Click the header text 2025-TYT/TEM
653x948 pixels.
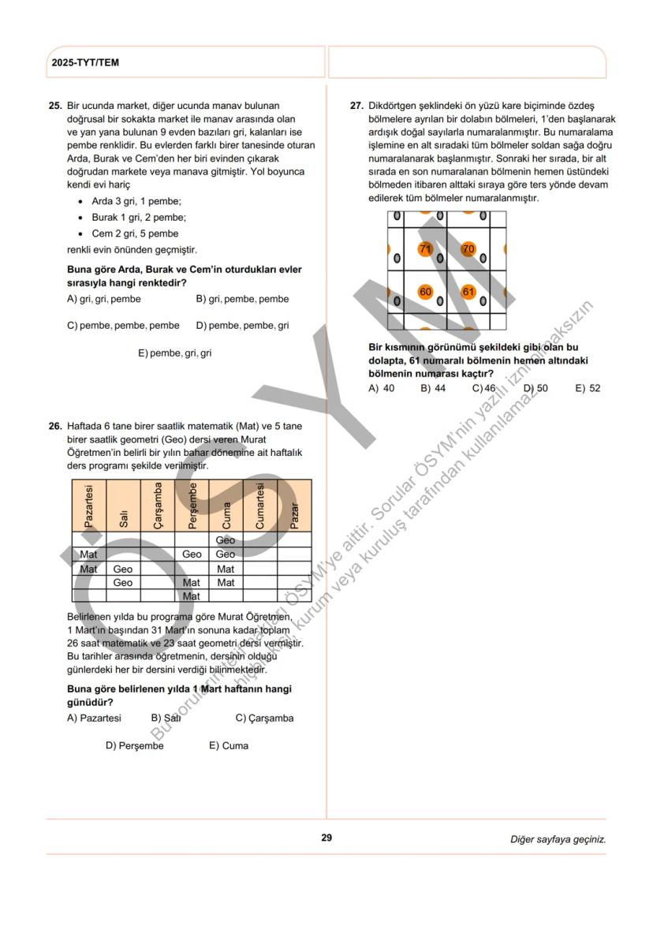point(85,62)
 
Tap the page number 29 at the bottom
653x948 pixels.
point(326,838)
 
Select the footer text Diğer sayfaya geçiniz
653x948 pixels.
point(558,839)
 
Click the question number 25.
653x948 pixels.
point(55,105)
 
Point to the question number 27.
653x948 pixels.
point(356,105)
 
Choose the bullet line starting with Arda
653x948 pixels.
point(136,201)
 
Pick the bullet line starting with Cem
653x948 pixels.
point(135,233)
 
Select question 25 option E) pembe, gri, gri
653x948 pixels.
point(174,353)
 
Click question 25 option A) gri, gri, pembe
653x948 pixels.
point(104,299)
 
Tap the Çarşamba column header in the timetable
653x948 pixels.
point(158,505)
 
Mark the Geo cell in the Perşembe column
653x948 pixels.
point(192,554)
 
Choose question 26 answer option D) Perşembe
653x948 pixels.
point(134,745)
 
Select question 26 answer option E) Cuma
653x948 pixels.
point(228,745)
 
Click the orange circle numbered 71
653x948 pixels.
point(426,249)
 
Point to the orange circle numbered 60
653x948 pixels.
point(426,292)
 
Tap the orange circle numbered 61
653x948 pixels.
point(468,292)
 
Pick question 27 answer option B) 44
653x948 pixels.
point(432,388)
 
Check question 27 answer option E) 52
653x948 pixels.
point(588,388)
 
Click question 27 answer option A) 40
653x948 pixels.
point(382,388)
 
